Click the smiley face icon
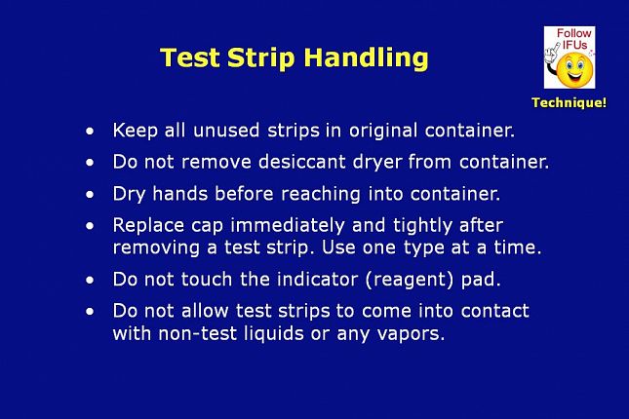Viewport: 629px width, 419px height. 574,69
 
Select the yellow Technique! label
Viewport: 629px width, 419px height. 569,102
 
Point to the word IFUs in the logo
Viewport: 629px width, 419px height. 574,45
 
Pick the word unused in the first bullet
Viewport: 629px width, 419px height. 226,131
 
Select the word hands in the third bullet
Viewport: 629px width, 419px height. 180,194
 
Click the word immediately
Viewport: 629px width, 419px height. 288,226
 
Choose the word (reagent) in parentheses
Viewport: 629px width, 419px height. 410,280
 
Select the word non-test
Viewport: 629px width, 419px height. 197,333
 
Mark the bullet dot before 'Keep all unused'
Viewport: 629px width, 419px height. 90,132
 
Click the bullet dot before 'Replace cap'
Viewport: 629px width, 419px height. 90,226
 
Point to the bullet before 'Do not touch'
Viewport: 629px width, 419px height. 90,281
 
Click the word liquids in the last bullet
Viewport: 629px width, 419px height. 274,333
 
